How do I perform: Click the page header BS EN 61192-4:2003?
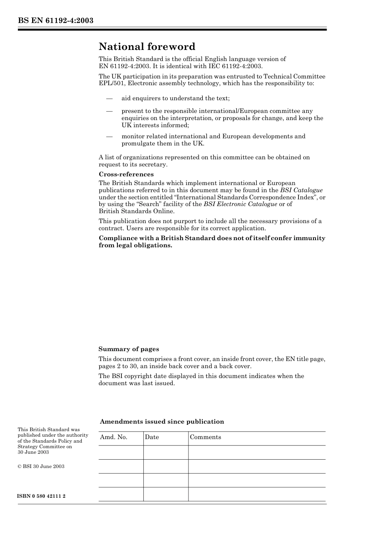click(55, 21)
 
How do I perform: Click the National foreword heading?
click(147, 47)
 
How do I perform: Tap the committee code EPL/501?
click(112, 84)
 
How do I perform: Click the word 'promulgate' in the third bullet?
click(137, 143)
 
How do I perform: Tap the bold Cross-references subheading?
click(126, 174)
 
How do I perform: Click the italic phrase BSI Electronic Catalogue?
click(240, 204)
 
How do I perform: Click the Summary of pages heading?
click(129, 349)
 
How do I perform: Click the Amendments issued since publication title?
click(162, 422)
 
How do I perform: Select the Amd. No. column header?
click(113, 437)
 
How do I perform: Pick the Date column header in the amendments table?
click(152, 437)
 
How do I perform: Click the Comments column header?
click(205, 437)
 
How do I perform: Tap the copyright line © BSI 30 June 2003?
click(41, 466)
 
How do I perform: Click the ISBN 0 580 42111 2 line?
click(41, 496)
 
